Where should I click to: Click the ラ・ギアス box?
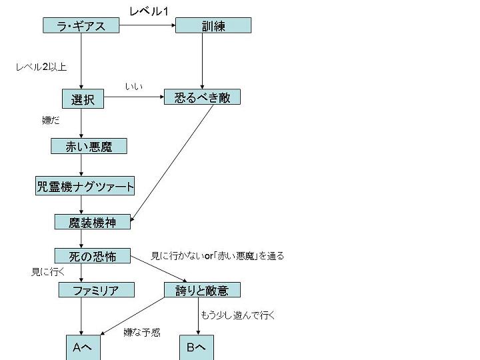pyautogui.click(x=81, y=26)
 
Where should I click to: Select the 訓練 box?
pyautogui.click(x=213, y=26)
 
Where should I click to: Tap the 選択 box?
pyautogui.click(x=83, y=99)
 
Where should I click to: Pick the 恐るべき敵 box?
pyautogui.click(x=202, y=97)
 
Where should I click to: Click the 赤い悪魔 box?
pyautogui.click(x=88, y=147)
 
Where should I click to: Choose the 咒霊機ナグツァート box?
pyautogui.click(x=85, y=186)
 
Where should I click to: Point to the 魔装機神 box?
pyautogui.click(x=93, y=222)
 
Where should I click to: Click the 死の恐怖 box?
pyautogui.click(x=93, y=256)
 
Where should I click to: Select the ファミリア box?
pyautogui.click(x=96, y=290)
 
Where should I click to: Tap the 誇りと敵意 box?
pyautogui.click(x=201, y=290)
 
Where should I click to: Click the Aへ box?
pyautogui.click(x=83, y=347)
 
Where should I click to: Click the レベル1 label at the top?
pyautogui.click(x=148, y=11)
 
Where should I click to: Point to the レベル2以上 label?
pyautogui.click(x=41, y=67)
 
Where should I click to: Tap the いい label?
pyautogui.click(x=133, y=87)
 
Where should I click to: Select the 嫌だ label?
pyautogui.click(x=51, y=121)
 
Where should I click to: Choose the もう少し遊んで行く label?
pyautogui.click(x=237, y=315)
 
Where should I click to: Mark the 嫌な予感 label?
pyautogui.click(x=141, y=333)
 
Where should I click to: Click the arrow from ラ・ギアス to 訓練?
pyautogui.click(x=147, y=26)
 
